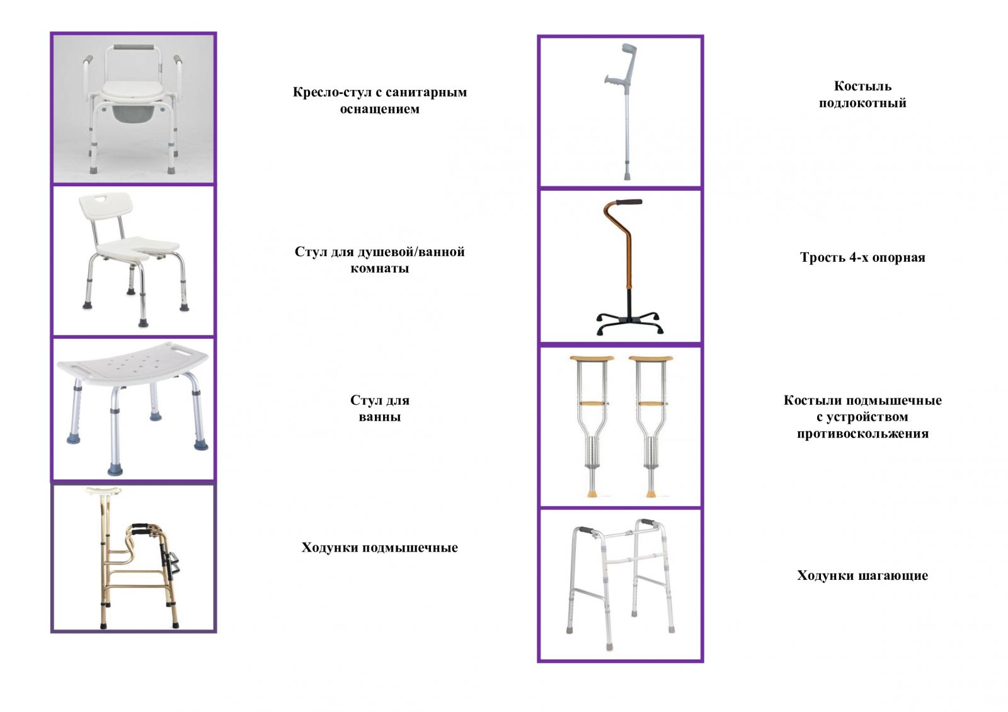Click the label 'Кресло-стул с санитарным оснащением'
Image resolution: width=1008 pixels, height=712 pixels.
[379, 100]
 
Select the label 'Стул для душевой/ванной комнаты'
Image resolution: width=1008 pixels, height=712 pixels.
[379, 259]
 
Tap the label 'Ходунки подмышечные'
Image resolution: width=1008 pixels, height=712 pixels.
[379, 547]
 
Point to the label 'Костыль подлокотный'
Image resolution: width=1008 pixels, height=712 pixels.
[862, 94]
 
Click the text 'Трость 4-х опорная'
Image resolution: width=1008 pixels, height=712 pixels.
[862, 257]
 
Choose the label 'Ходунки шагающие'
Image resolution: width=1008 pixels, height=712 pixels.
[862, 575]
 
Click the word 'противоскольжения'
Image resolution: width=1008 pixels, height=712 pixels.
[862, 433]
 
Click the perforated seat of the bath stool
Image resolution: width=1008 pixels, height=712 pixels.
[132, 363]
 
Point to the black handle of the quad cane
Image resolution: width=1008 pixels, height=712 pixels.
[629, 203]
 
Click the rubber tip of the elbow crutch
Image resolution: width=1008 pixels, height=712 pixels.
[627, 175]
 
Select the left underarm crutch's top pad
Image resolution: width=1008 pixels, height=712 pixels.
[592, 359]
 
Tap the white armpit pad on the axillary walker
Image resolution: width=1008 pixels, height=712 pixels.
[104, 490]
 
